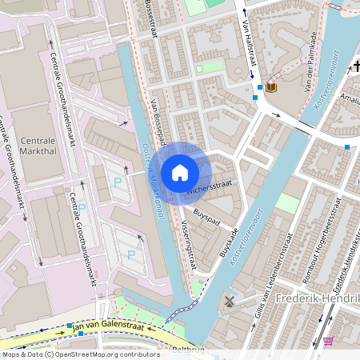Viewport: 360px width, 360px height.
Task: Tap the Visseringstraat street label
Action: click(189, 243)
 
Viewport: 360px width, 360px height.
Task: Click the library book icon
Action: click(270, 87)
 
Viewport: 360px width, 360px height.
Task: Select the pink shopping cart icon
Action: click(328, 342)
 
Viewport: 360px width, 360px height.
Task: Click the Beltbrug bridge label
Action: click(189, 350)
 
